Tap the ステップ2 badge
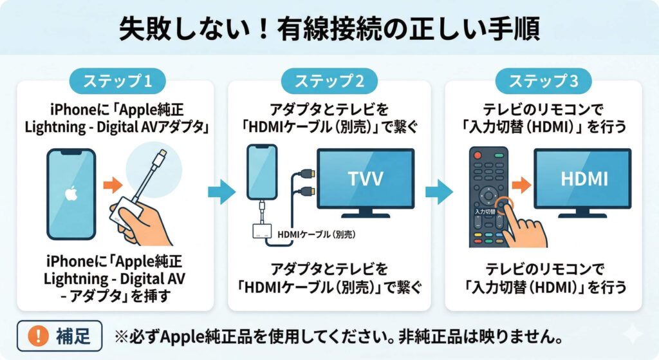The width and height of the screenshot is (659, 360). click(x=329, y=82)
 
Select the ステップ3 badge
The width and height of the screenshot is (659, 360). click(x=543, y=82)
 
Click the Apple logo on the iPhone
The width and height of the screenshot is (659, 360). click(x=71, y=194)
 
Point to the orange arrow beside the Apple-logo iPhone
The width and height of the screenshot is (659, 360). click(x=113, y=185)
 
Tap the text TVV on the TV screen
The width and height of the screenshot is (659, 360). click(x=366, y=179)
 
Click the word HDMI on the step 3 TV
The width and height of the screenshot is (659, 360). click(x=584, y=179)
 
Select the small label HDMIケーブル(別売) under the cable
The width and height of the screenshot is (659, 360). click(x=316, y=234)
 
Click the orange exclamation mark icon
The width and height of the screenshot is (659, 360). click(x=41, y=336)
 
